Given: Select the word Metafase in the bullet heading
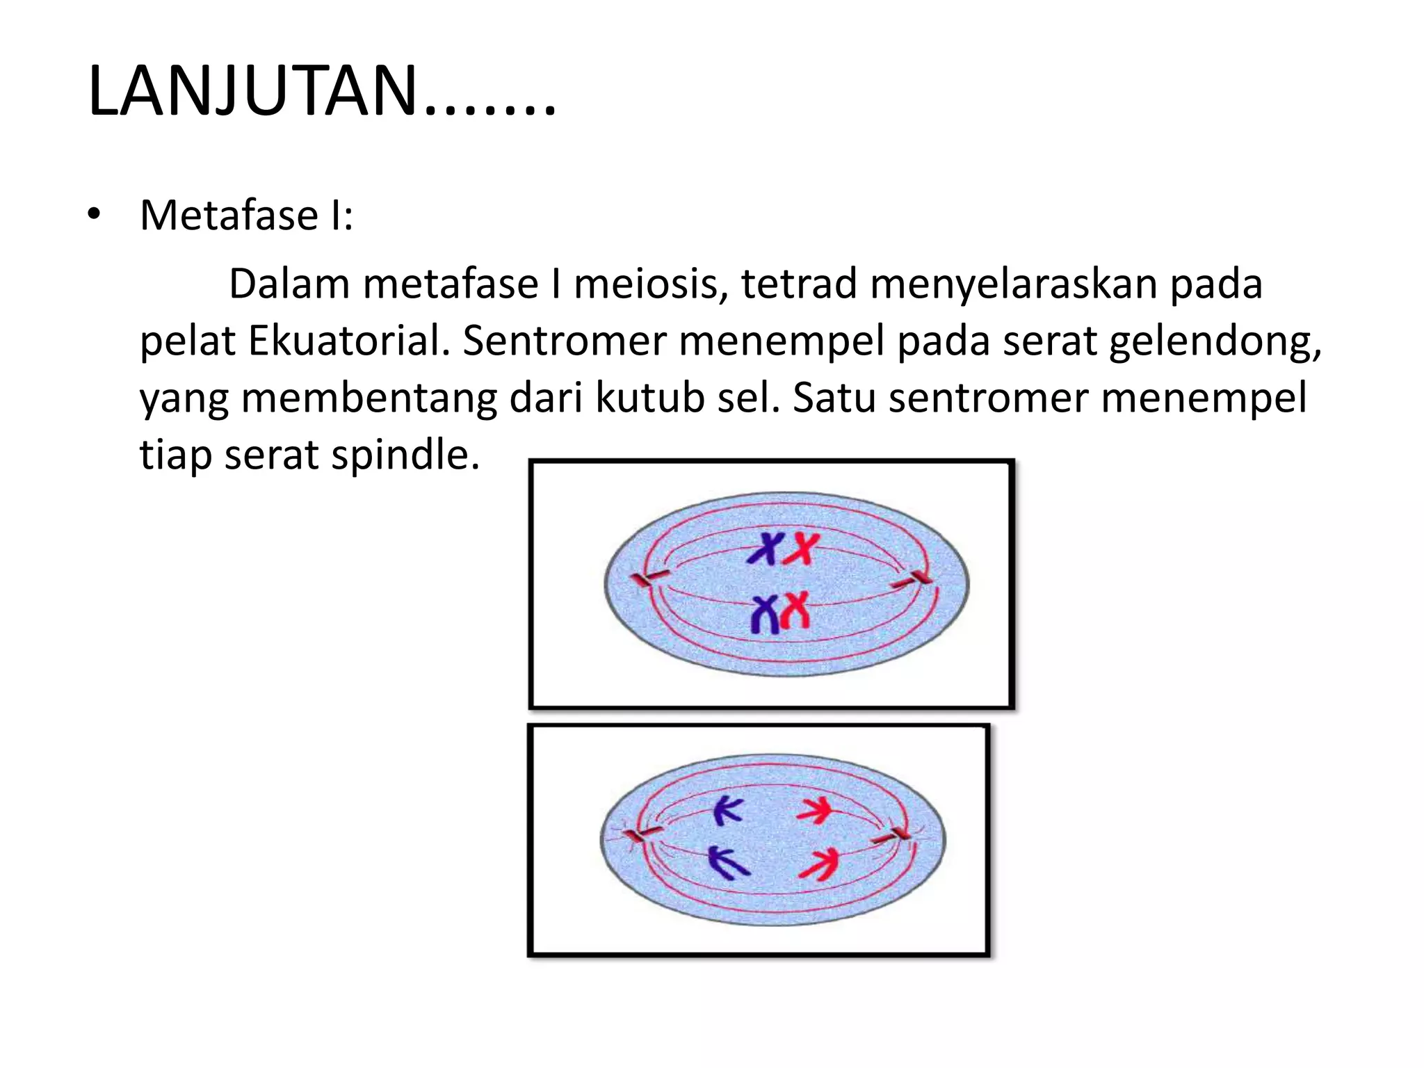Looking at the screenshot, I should (x=229, y=215).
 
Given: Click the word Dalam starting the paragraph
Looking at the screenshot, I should (x=289, y=284).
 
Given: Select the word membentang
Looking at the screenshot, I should (x=369, y=398).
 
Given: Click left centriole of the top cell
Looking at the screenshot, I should (x=649, y=577).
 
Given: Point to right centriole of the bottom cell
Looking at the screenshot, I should (x=897, y=835).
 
